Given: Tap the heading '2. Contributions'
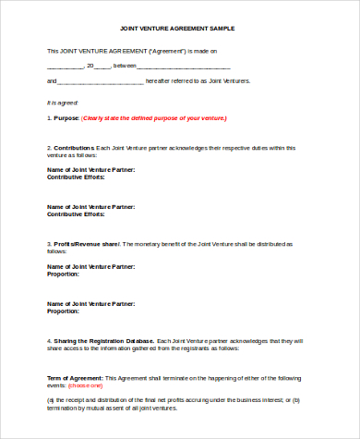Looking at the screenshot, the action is (70, 148).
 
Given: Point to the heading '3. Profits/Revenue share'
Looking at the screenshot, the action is (83, 244).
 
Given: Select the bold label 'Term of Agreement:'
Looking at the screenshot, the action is (75, 378).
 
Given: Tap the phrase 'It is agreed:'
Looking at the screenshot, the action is (63, 102).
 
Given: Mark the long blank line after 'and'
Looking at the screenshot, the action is (102, 82).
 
